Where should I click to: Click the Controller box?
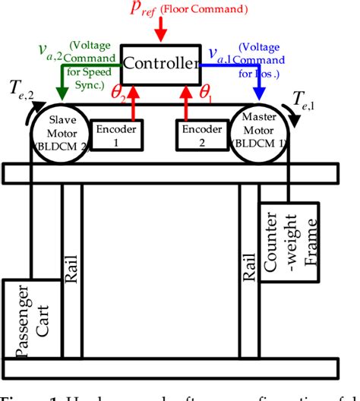[159, 65]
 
